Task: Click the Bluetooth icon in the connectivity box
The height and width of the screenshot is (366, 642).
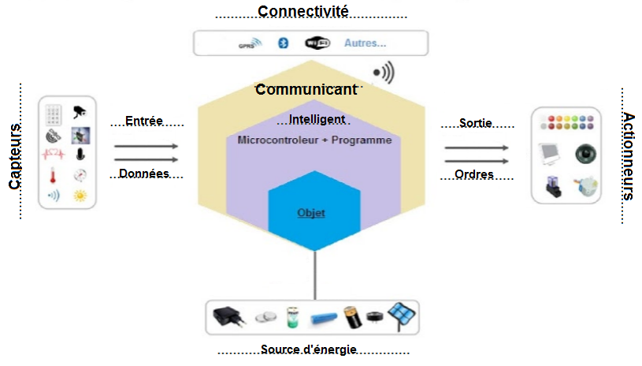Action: [279, 43]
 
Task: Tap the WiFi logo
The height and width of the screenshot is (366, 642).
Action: [317, 43]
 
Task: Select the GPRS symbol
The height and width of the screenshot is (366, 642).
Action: [247, 44]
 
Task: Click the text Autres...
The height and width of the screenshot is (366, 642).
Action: [365, 43]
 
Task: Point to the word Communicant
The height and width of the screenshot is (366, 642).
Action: [306, 89]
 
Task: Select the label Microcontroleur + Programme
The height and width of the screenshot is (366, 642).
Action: [314, 140]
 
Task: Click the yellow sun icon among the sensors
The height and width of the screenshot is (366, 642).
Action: [80, 195]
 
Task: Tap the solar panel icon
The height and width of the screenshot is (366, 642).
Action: [403, 317]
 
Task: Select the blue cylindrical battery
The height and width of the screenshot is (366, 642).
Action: [325, 319]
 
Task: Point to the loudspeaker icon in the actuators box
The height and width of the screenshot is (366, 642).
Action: [586, 153]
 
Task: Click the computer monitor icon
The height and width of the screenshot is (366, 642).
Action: [551, 153]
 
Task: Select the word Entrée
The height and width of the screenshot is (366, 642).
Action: [144, 121]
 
